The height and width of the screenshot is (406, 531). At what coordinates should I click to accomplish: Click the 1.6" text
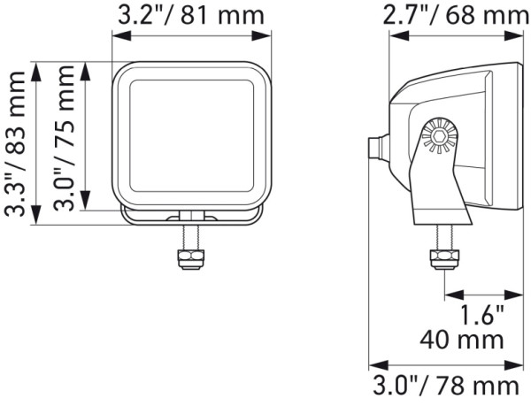coord(481,315)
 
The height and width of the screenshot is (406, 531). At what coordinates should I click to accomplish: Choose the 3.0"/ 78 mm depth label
coord(444,386)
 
